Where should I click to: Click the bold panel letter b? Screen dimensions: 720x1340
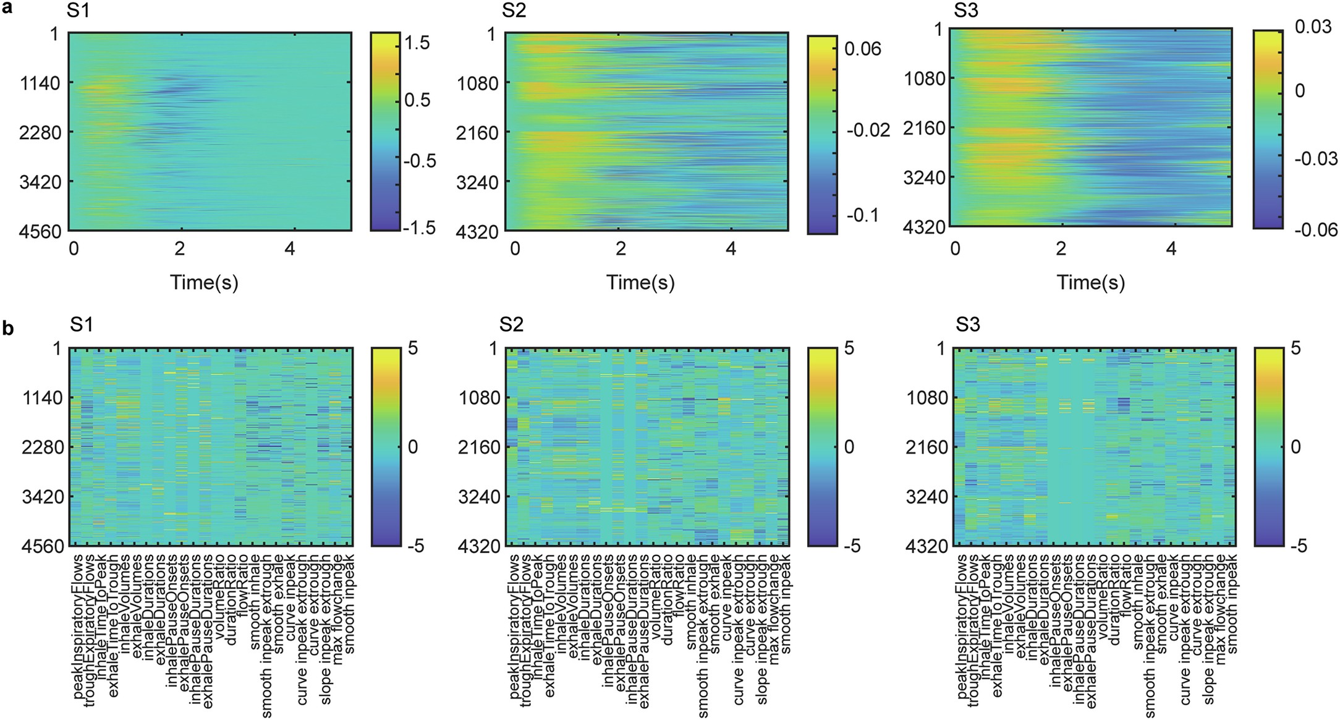(8, 328)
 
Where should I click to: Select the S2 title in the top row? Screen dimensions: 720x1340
(514, 11)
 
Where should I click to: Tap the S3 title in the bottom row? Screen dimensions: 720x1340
(967, 324)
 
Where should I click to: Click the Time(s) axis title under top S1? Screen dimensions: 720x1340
(204, 283)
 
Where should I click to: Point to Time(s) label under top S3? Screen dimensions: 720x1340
(1090, 283)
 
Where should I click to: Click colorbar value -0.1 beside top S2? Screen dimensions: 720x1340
(860, 215)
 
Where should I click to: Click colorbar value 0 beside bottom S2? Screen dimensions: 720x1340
(849, 447)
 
